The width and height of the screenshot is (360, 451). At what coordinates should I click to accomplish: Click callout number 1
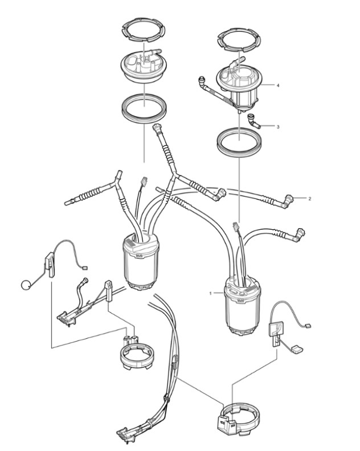click(x=211, y=294)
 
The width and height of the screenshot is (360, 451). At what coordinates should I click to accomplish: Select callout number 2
click(x=310, y=198)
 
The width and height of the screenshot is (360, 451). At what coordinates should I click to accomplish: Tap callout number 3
click(x=278, y=127)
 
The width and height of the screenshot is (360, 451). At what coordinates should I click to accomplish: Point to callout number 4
click(x=278, y=86)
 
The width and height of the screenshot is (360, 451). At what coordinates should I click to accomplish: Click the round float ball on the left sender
click(x=26, y=285)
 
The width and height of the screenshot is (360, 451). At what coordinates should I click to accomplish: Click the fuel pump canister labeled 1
click(x=242, y=306)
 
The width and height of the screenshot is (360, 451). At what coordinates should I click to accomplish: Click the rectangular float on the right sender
click(x=297, y=350)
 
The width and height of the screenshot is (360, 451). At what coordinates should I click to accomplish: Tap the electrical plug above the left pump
click(x=144, y=181)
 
